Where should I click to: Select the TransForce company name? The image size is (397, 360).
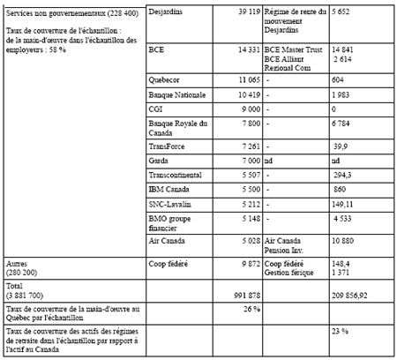click(169, 146)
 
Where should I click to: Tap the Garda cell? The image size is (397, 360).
click(161, 161)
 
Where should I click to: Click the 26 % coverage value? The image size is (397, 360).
click(250, 309)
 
